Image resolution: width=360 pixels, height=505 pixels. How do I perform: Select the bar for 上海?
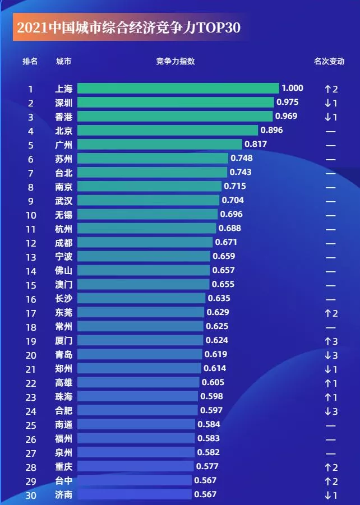[x=178, y=88]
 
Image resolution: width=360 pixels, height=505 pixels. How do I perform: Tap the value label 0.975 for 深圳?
[x=287, y=102]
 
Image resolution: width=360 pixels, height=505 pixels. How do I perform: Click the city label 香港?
[x=64, y=117]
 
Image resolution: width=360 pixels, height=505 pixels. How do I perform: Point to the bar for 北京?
[x=168, y=131]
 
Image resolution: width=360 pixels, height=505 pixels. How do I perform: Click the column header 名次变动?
[x=329, y=61]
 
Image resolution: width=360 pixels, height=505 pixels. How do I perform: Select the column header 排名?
[x=30, y=61]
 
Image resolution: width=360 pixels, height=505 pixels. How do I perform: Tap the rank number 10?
[x=31, y=215]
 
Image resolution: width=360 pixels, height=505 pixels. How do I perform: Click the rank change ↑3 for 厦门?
[x=330, y=340]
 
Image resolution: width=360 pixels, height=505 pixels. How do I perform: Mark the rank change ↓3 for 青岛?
[x=330, y=354]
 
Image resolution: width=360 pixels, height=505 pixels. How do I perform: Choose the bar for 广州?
[x=159, y=145]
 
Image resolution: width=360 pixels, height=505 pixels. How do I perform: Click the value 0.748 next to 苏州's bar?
[x=241, y=159]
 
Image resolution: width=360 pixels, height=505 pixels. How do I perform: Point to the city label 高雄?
[x=64, y=382]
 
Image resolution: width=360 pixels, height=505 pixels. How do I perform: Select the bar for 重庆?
[x=135, y=466]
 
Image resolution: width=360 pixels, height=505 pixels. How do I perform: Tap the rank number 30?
[x=31, y=494]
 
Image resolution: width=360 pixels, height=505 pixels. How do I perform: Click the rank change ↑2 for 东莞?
[x=330, y=312]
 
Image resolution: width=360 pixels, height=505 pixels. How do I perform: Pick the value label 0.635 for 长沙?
[x=219, y=298]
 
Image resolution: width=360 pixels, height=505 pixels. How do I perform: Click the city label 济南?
[x=64, y=494]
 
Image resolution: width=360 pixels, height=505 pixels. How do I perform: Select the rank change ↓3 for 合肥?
[x=330, y=410]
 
